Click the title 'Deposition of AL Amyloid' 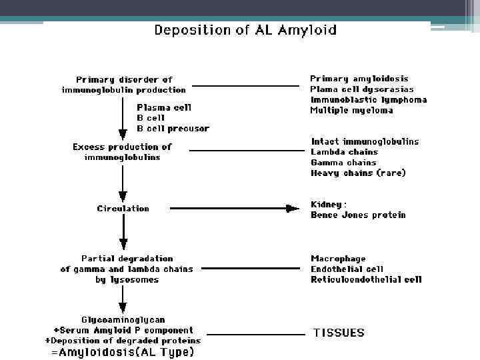click(x=245, y=30)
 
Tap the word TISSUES click(x=339, y=332)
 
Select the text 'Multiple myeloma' click(x=351, y=111)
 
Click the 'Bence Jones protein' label click(x=358, y=215)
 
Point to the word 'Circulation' click(x=123, y=209)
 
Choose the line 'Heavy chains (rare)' click(x=358, y=173)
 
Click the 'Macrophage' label click(x=338, y=259)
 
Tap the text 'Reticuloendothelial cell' click(x=366, y=280)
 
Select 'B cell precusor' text click(x=173, y=129)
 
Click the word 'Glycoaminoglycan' click(x=123, y=319)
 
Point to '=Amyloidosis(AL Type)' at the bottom click(x=123, y=352)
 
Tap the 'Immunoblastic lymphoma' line click(x=369, y=100)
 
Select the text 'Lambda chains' click(x=344, y=152)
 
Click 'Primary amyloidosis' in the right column click(x=359, y=79)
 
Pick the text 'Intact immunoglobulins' click(x=365, y=141)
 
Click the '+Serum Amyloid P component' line click(x=123, y=330)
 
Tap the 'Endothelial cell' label click(x=347, y=269)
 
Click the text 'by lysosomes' click(x=127, y=280)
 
